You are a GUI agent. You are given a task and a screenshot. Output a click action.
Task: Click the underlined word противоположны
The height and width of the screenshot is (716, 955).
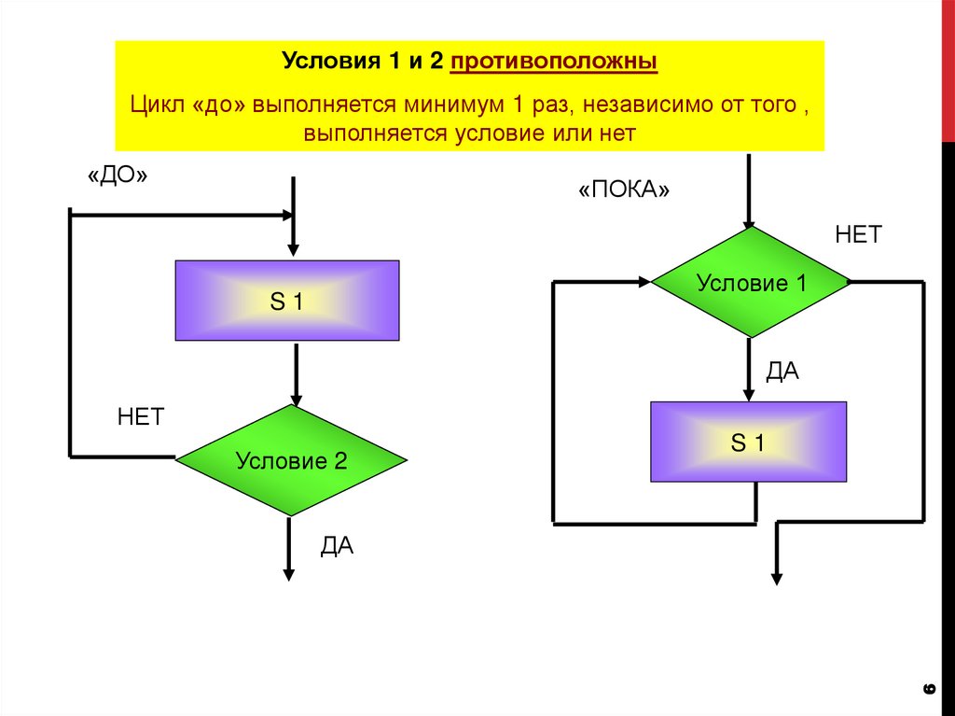[554, 63]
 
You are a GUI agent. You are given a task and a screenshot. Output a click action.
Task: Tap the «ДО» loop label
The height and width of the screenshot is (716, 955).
[118, 177]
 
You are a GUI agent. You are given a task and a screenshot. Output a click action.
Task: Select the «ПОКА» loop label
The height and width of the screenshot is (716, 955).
[625, 190]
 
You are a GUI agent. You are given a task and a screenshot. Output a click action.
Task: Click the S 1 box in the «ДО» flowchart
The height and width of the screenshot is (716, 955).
[287, 301]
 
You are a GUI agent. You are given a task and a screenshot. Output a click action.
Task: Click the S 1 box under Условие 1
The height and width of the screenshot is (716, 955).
[748, 442]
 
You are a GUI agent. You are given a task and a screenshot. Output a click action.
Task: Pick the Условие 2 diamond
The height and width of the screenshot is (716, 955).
[291, 460]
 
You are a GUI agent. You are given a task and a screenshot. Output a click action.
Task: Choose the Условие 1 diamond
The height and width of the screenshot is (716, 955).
[751, 282]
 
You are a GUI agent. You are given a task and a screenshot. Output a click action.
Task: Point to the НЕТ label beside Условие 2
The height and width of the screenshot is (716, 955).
[141, 416]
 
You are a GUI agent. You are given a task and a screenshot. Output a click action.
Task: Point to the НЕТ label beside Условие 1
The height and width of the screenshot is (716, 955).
[858, 235]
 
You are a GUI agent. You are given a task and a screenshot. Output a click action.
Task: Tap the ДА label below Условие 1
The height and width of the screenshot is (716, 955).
[782, 372]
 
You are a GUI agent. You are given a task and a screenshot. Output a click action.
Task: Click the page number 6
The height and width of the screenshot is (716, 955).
[928, 689]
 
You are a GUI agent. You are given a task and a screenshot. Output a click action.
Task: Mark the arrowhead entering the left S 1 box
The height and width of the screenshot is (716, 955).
[293, 250]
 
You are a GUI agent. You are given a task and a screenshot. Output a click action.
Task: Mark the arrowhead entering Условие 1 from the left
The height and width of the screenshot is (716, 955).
[643, 281]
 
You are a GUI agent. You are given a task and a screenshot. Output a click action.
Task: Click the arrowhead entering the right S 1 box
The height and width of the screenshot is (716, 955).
[748, 393]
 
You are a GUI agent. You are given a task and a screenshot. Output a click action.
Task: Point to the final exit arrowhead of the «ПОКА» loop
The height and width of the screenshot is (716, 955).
[776, 578]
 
